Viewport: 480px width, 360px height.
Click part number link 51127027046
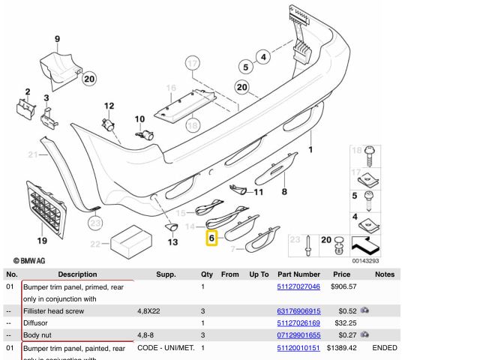pos(298,286)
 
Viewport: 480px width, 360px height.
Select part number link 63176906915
pos(298,310)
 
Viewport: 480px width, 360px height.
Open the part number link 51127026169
pos(298,322)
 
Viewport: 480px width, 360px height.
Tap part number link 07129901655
pos(298,335)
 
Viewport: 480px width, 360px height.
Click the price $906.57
pos(343,286)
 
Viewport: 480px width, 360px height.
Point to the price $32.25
pos(343,322)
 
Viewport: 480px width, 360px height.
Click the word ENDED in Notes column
pos(384,348)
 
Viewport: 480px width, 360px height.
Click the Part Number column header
pos(298,274)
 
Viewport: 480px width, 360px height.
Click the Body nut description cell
pos(39,335)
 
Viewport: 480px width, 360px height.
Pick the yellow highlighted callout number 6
pos(211,238)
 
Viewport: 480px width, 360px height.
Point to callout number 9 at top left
pos(57,38)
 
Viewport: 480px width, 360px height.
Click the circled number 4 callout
pos(262,55)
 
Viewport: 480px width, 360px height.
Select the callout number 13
pos(172,241)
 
